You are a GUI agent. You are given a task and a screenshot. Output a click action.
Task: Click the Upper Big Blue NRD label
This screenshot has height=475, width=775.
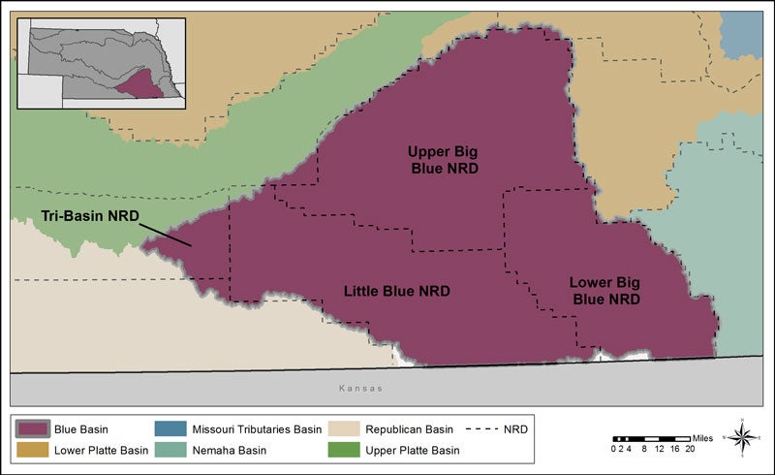point(443,159)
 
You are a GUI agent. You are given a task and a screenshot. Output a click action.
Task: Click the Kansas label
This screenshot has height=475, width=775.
point(358,388)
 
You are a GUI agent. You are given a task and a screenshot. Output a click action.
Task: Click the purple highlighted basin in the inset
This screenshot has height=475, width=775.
point(139,87)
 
